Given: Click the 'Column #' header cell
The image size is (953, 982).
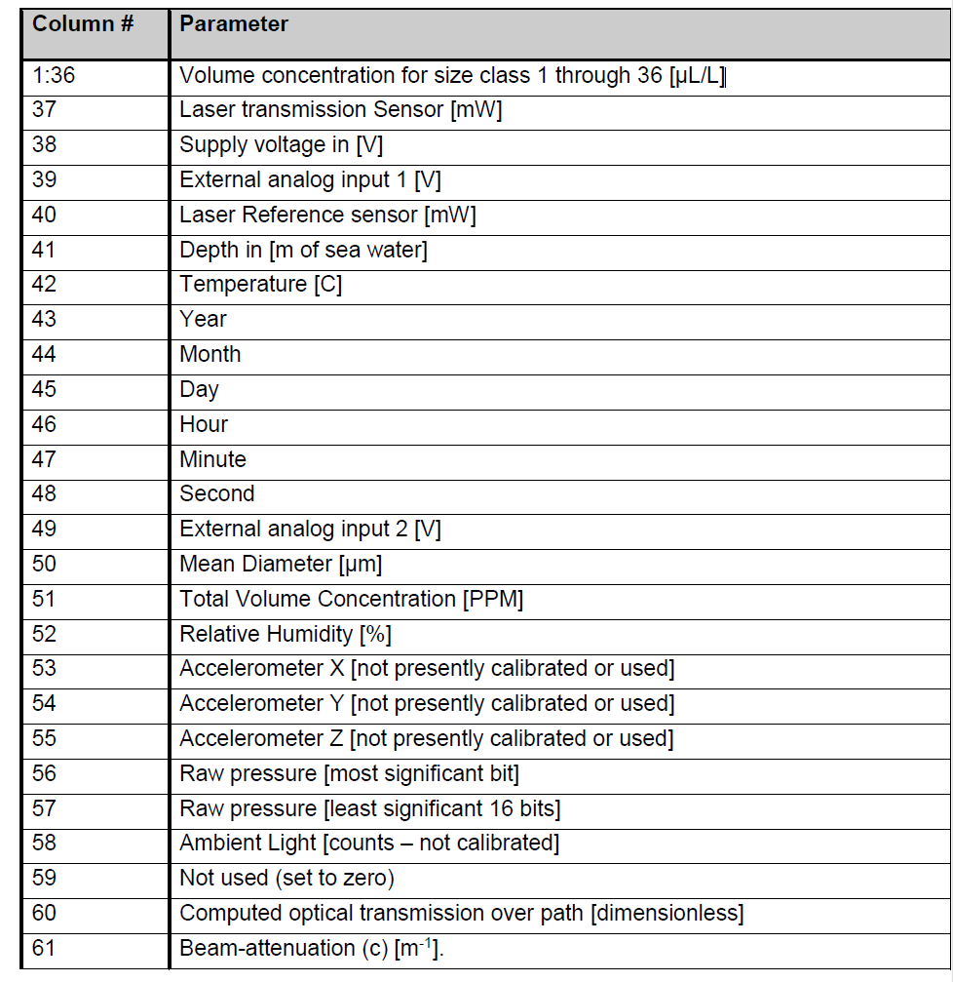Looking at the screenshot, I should click(x=83, y=24).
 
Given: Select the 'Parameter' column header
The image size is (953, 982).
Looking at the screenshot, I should click(x=234, y=24).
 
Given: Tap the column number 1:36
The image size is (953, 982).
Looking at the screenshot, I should click(x=54, y=75).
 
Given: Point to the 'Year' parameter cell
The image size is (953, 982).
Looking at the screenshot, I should click(x=203, y=319).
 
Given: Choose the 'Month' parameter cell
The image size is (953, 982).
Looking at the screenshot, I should click(x=210, y=354).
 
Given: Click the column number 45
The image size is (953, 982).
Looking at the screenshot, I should click(x=45, y=389).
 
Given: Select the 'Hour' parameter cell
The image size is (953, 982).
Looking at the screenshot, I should click(x=204, y=424).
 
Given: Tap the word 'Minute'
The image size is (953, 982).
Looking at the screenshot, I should click(x=212, y=459).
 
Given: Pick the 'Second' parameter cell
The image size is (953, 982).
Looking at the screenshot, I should click(x=216, y=493).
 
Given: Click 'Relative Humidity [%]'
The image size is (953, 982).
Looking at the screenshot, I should click(x=285, y=634).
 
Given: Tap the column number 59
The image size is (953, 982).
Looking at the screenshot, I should click(x=45, y=878).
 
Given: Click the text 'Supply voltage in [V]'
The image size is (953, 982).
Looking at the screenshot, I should click(x=281, y=144).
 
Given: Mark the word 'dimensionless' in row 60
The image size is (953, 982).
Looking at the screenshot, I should click(x=671, y=913).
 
